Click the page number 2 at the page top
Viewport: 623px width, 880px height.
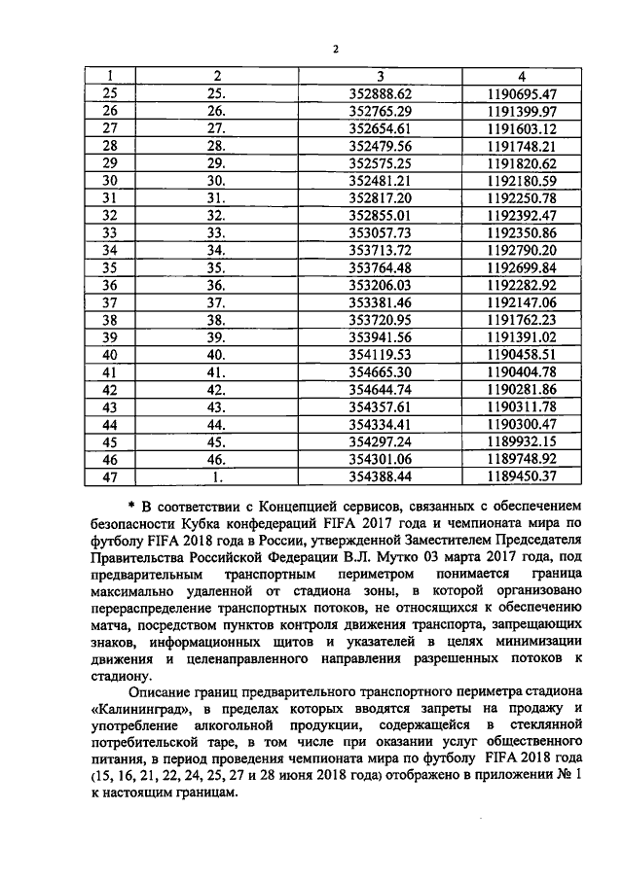[334, 50]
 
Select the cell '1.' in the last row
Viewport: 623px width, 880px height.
[217, 476]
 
